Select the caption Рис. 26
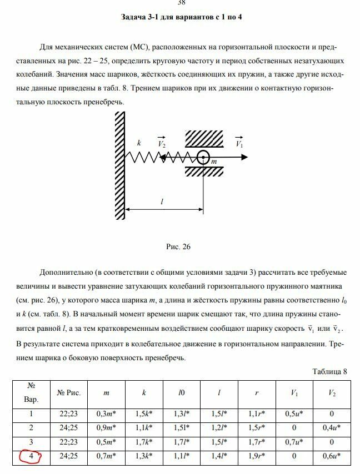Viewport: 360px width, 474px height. click(x=178, y=247)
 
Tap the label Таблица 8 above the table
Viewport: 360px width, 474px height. click(x=330, y=371)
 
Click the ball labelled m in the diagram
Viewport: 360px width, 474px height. click(x=203, y=158)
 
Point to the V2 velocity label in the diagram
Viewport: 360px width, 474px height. click(x=162, y=143)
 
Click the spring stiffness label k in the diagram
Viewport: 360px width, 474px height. click(x=139, y=143)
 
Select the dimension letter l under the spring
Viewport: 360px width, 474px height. click(x=162, y=202)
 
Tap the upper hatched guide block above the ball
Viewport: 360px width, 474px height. click(x=204, y=138)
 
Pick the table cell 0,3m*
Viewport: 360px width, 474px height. click(x=106, y=414)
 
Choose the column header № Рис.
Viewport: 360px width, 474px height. click(x=69, y=392)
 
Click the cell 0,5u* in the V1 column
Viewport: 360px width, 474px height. click(x=294, y=414)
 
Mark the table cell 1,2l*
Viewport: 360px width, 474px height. click(x=219, y=428)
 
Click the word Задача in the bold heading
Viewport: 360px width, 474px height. click(x=136, y=17)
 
